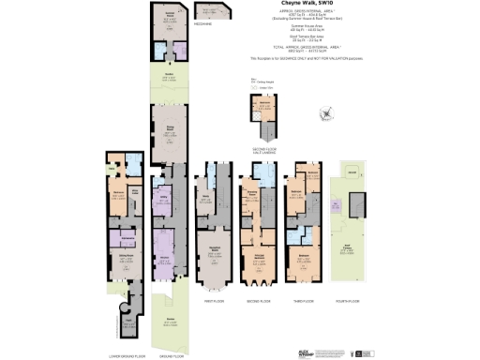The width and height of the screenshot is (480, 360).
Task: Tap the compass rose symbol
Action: pos(324,114)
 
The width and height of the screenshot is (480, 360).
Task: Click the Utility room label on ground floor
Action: pos(162,197)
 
